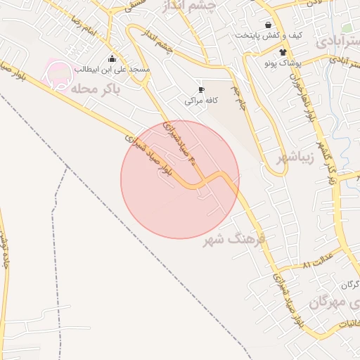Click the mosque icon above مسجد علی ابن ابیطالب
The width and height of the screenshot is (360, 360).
[112, 58]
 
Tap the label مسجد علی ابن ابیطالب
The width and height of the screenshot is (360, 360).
[113, 70]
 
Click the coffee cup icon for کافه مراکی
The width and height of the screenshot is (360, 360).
[201, 90]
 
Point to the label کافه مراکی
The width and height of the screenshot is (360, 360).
[201, 101]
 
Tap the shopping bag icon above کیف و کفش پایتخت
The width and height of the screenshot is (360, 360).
[267, 24]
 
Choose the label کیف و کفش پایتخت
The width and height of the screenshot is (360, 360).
[269, 34]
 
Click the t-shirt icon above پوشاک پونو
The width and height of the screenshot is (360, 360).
[283, 51]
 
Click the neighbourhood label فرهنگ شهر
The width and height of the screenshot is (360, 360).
[235, 240]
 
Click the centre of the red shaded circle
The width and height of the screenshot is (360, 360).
[180, 179]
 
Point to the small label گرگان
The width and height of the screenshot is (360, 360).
[349, 285]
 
